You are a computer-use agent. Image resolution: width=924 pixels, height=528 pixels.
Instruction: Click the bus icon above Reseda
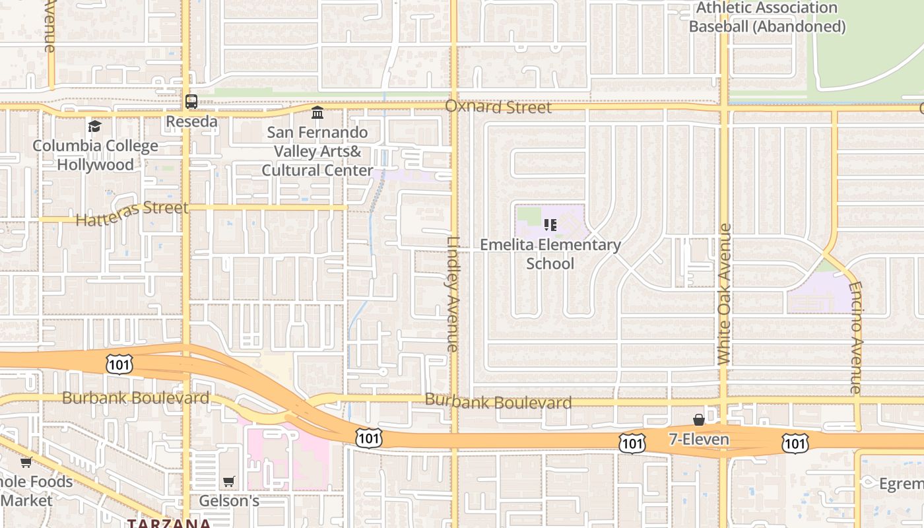[x=191, y=102]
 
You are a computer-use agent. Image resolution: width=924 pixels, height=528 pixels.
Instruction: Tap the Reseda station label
[x=191, y=121]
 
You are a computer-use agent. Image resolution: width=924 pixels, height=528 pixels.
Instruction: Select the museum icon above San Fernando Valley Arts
[x=317, y=113]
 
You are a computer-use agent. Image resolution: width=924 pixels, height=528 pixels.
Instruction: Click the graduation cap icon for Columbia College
[x=95, y=126]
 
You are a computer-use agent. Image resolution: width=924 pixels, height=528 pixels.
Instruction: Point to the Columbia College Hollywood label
[x=96, y=155]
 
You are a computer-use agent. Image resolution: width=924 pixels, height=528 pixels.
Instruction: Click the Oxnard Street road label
[x=498, y=107]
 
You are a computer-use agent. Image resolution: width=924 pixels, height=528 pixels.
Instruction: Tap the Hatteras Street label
[x=132, y=213]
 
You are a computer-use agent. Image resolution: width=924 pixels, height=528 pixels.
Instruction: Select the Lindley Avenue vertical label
[x=453, y=294]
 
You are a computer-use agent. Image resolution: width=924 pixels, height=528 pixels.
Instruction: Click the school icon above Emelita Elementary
[x=550, y=225]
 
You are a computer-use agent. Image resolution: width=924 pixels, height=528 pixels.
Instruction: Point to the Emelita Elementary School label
[x=550, y=254]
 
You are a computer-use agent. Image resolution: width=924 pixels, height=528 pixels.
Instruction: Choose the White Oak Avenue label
[x=724, y=294]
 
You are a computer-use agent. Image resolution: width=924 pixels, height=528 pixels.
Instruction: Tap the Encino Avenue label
[x=856, y=338]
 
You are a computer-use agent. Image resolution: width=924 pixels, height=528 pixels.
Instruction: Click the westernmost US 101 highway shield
[x=119, y=364]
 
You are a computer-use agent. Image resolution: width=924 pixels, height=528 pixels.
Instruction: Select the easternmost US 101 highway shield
[x=795, y=444]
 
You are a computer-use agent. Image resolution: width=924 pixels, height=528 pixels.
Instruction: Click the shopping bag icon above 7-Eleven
[x=699, y=420]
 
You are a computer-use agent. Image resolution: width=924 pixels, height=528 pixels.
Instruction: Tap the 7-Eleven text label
[x=699, y=440]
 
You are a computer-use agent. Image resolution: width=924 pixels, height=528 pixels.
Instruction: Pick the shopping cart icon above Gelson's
[x=229, y=481]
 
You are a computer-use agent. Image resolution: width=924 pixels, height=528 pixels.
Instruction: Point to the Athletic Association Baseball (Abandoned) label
[x=767, y=17]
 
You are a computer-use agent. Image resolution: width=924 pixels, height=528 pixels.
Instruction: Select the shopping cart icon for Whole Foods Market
[x=26, y=462]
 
